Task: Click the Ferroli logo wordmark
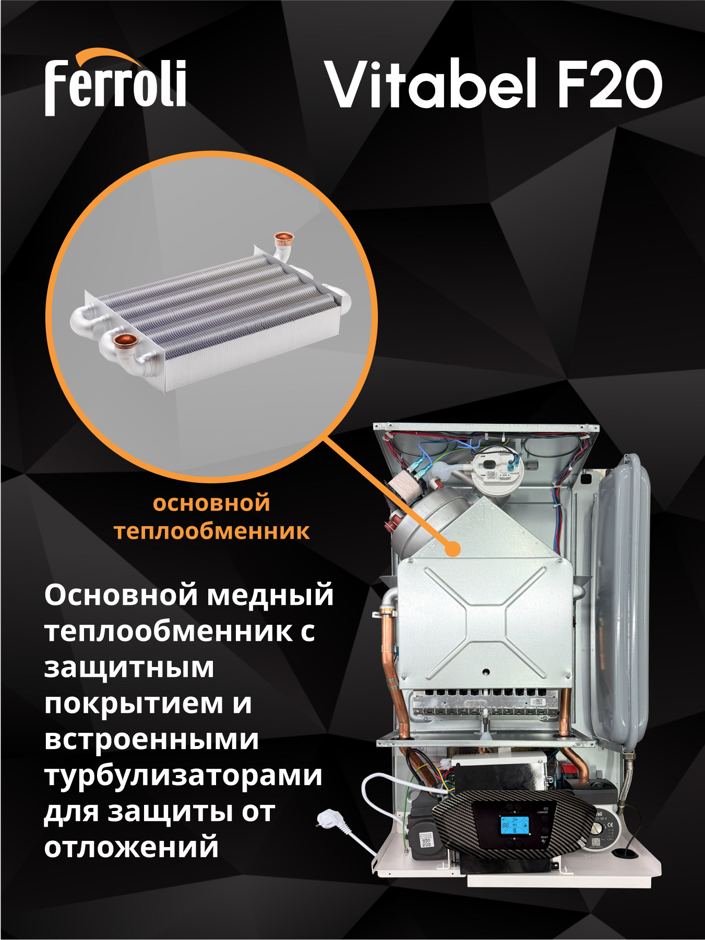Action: pyautogui.click(x=115, y=86)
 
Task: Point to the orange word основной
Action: pyautogui.click(x=211, y=504)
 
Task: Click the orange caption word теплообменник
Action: pyautogui.click(x=211, y=531)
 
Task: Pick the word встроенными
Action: pyautogui.click(x=151, y=740)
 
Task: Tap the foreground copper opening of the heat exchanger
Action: pyautogui.click(x=124, y=341)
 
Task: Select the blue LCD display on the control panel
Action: pyautogui.click(x=514, y=825)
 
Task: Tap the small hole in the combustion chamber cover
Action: pyautogui.click(x=486, y=672)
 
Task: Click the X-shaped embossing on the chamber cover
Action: pyautogui.click(x=485, y=621)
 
